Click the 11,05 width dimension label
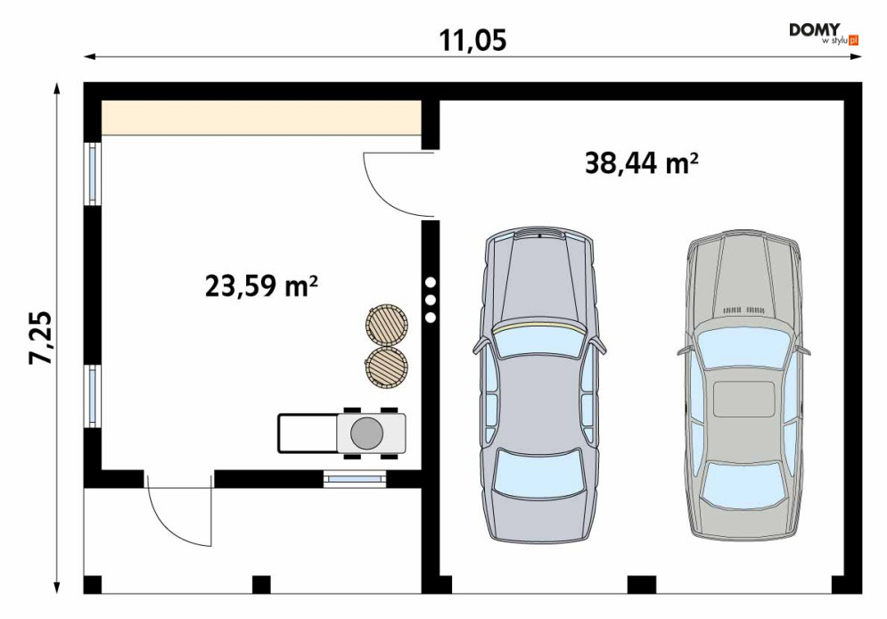(x=472, y=41)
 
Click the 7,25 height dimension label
(x=41, y=337)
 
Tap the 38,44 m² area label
(x=642, y=163)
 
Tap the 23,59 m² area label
(x=261, y=285)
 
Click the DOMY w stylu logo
(x=825, y=34)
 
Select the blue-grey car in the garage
(x=539, y=384)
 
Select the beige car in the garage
(x=743, y=384)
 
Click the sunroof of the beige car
(x=743, y=399)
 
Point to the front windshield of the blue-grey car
(x=539, y=341)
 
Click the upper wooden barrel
(x=387, y=324)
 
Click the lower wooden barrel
(x=387, y=367)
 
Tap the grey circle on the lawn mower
(x=366, y=433)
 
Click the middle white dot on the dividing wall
(x=431, y=300)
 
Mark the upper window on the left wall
(x=93, y=173)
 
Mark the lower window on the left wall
(x=93, y=396)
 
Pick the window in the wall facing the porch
(x=355, y=479)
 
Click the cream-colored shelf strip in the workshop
(x=261, y=119)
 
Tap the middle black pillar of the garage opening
(x=642, y=584)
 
